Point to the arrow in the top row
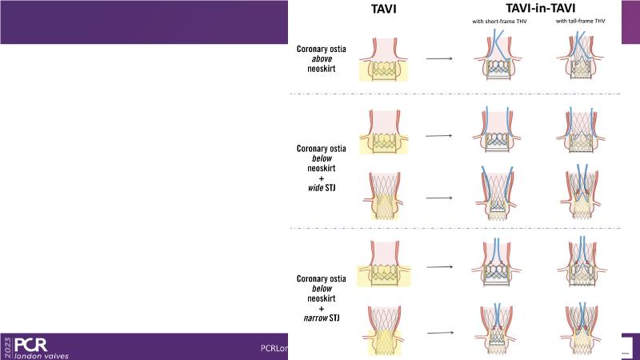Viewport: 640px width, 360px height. (x=438, y=58)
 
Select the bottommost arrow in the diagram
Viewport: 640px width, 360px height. (x=438, y=331)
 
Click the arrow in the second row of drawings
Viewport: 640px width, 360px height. (x=438, y=134)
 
